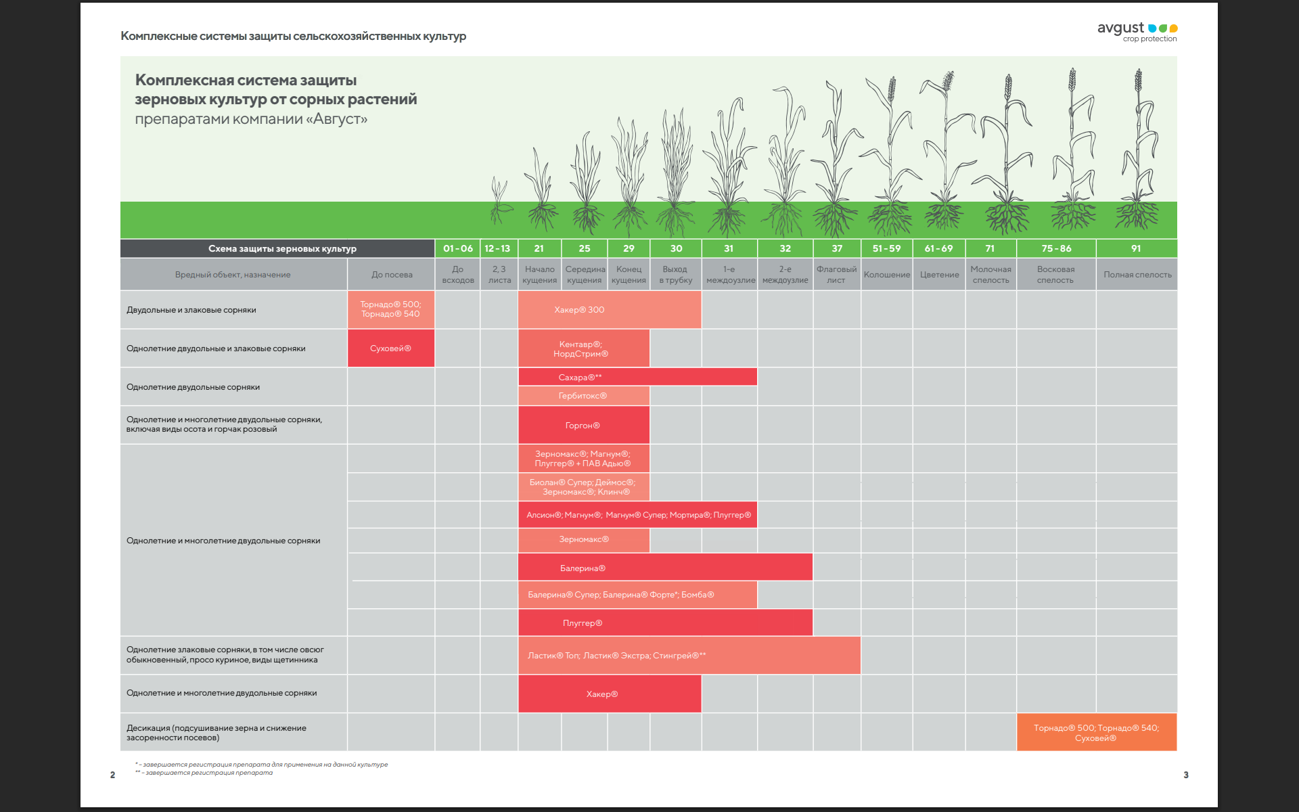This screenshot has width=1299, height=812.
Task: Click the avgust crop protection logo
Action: tap(1137, 31)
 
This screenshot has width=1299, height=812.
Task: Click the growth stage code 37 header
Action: tap(837, 248)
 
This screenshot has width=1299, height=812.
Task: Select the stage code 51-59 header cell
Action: tap(886, 248)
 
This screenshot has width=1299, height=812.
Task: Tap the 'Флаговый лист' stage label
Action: tap(836, 275)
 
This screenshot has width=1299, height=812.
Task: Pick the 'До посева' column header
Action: tap(392, 275)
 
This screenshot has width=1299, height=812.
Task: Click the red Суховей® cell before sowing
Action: tap(391, 348)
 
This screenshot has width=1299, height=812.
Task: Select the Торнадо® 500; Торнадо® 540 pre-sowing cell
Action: tap(391, 309)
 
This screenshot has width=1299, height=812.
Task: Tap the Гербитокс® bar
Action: tap(583, 396)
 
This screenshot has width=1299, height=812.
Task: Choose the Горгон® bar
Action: tap(583, 426)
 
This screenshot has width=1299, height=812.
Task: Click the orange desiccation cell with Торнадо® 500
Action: tap(1096, 733)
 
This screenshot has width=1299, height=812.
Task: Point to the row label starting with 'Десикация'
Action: tap(216, 733)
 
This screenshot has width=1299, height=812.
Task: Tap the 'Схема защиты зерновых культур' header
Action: tap(282, 249)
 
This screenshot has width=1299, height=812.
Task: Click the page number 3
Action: tap(1185, 775)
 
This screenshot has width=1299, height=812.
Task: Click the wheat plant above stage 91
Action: tap(1138, 156)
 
